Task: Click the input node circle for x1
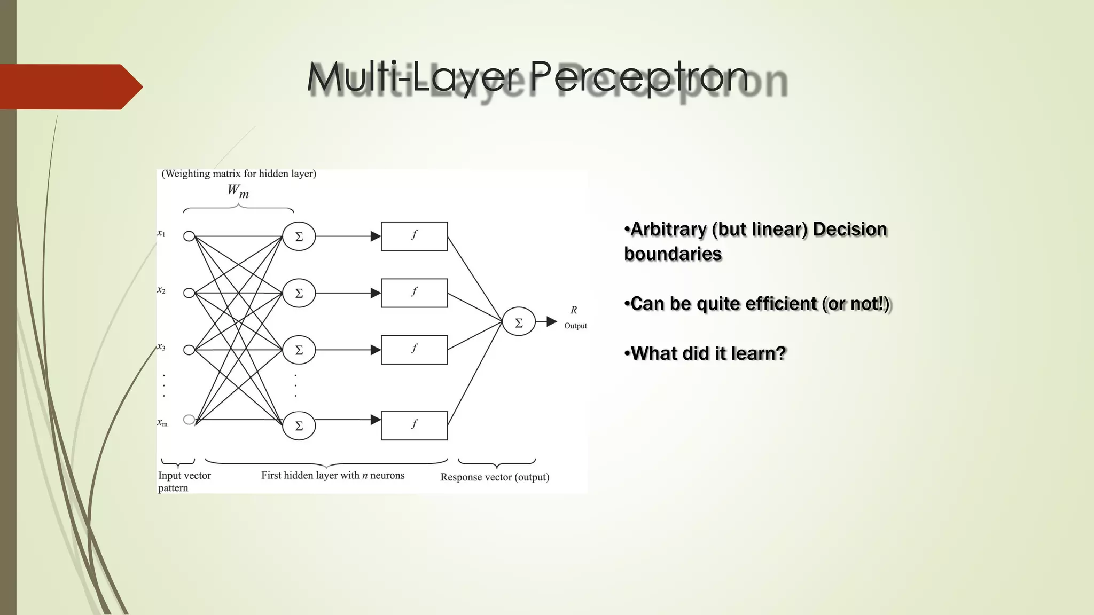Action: point(189,236)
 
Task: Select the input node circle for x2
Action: point(189,293)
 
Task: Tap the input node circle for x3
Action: point(189,350)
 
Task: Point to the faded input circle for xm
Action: point(189,420)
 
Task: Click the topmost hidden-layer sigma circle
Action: point(299,236)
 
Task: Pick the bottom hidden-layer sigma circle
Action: point(299,425)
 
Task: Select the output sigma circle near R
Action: point(518,321)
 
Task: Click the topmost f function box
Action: point(414,236)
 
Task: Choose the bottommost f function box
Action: point(414,425)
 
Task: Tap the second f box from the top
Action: point(414,293)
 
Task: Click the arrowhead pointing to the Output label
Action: point(552,321)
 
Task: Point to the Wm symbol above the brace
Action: point(238,191)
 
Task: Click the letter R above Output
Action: point(574,310)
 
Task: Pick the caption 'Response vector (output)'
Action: point(495,477)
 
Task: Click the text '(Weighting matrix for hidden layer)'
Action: point(239,174)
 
